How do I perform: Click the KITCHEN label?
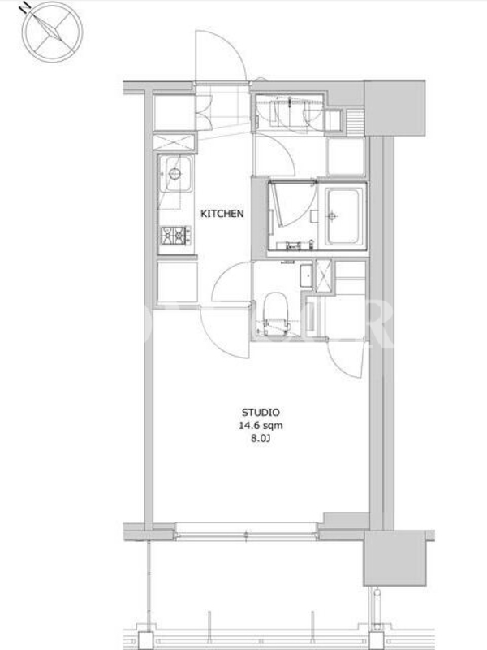[x=222, y=214]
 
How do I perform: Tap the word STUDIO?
[x=261, y=413]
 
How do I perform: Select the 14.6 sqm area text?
[x=261, y=425]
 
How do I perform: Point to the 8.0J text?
[x=261, y=439]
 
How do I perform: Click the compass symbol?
[x=52, y=32]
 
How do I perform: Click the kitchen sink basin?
[x=175, y=174]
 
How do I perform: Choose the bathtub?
[x=343, y=215]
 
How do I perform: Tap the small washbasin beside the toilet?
[x=306, y=275]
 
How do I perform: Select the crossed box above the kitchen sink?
[x=174, y=141]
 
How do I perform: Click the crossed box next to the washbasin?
[x=323, y=275]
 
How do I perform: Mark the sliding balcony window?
[x=247, y=531]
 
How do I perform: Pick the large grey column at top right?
[x=394, y=108]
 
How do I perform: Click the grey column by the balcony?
[x=394, y=558]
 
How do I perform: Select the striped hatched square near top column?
[x=354, y=121]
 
